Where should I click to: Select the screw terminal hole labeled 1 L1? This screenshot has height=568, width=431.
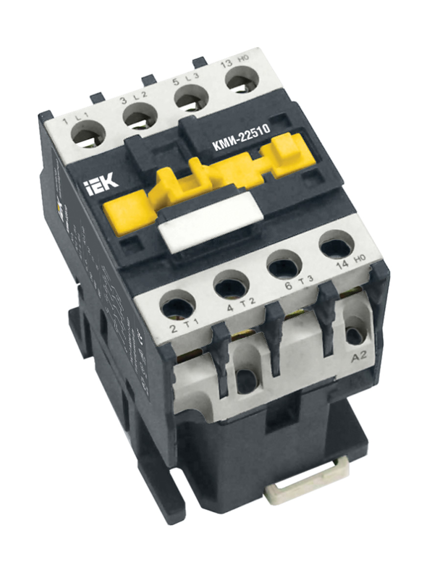point(88,132)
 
